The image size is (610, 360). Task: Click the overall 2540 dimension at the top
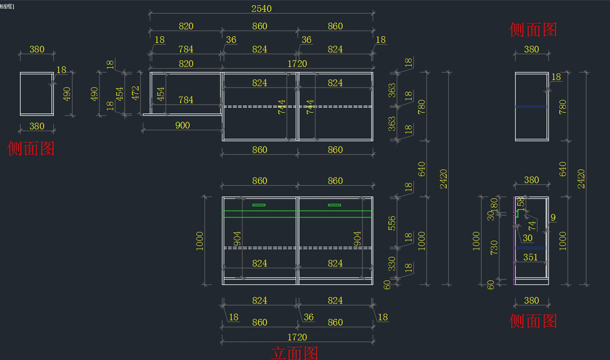[x=261, y=9]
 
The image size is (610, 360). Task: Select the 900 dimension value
[x=182, y=125]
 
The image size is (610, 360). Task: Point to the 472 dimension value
[x=136, y=94]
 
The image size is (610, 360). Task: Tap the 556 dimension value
[x=391, y=223]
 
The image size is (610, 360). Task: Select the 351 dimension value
[x=530, y=257]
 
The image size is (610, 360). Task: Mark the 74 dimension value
[x=532, y=225]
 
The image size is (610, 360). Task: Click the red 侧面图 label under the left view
[x=31, y=148]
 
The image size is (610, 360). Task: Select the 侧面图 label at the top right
[x=533, y=29]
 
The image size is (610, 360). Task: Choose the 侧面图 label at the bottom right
[x=533, y=320]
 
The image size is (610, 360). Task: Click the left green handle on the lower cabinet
[x=259, y=205]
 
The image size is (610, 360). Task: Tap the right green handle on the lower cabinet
[x=334, y=205]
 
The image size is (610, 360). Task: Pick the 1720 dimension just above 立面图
[x=297, y=337]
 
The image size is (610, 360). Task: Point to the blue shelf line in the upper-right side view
[x=531, y=106]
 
